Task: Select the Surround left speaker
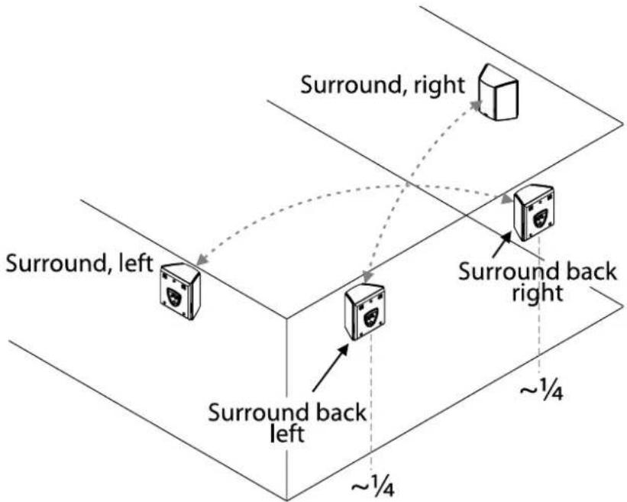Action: click(180, 291)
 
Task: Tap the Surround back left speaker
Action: click(365, 312)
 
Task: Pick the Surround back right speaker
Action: click(534, 213)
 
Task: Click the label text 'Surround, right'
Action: click(383, 86)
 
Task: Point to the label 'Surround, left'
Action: click(79, 264)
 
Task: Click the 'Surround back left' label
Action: click(287, 423)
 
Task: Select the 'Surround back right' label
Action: click(538, 282)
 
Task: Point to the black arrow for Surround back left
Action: click(330, 368)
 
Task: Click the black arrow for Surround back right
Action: click(502, 245)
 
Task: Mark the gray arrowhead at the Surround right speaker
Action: click(476, 105)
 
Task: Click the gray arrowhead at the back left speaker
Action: click(367, 277)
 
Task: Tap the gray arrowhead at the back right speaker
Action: click(506, 198)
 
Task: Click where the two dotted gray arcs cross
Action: click(406, 186)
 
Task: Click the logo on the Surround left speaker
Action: click(173, 297)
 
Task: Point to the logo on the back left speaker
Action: click(370, 317)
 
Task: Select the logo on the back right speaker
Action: click(540, 218)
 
